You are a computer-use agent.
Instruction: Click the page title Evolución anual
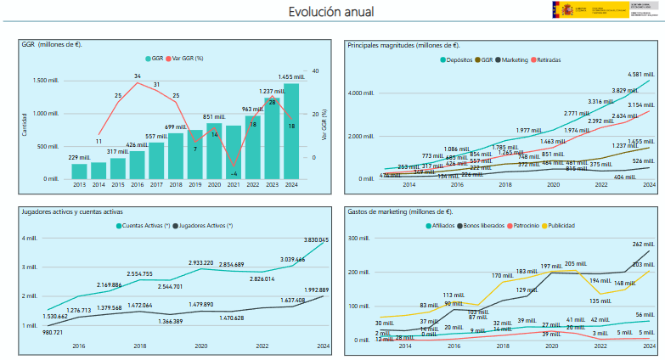click(330, 12)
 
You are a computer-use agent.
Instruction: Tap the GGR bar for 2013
click(79, 172)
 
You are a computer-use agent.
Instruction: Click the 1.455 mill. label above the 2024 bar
click(291, 77)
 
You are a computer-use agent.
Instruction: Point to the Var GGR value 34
click(137, 76)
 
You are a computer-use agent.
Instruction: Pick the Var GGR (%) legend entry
click(187, 59)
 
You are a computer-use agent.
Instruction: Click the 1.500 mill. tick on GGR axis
click(46, 81)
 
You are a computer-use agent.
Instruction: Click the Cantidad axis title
click(25, 124)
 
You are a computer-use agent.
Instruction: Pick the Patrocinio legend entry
click(529, 225)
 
